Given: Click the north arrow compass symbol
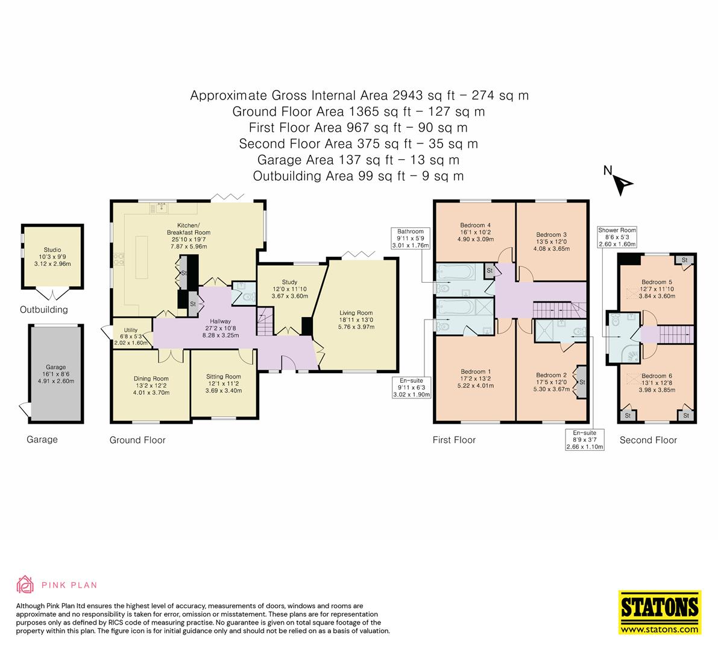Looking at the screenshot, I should point(622,183).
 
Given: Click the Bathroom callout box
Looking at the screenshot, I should point(411,238).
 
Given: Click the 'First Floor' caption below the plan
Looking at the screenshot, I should point(454,440).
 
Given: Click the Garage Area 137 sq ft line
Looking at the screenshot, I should point(358,160).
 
